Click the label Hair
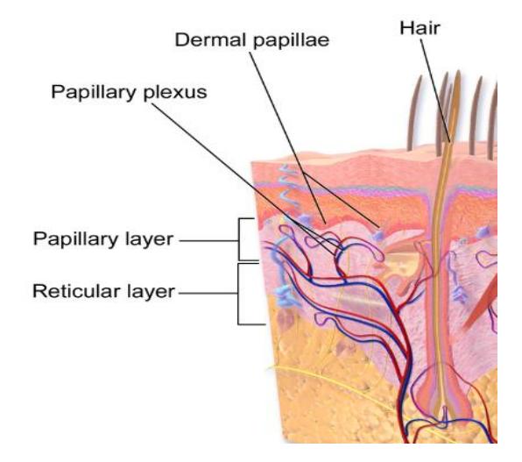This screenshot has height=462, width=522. tap(420, 28)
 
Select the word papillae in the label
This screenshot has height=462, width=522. tap(292, 41)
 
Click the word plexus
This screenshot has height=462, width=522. tap(175, 93)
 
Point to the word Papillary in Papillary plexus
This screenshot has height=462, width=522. tap(95, 93)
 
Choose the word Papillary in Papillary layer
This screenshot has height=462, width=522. tap(77, 240)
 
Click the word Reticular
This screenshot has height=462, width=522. tap(76, 291)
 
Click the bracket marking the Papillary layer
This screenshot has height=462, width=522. tap(239, 239)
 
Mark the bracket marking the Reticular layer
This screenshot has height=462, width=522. tap(239, 294)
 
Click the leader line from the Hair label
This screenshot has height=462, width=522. tap(435, 90)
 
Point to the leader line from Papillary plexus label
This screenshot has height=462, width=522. tap(244, 177)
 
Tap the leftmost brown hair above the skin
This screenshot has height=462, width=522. tap(414, 113)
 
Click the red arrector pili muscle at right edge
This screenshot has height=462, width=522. tap(481, 300)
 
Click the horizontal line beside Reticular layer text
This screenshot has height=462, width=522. tap(208, 294)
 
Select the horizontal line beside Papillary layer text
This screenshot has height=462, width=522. tap(208, 240)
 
